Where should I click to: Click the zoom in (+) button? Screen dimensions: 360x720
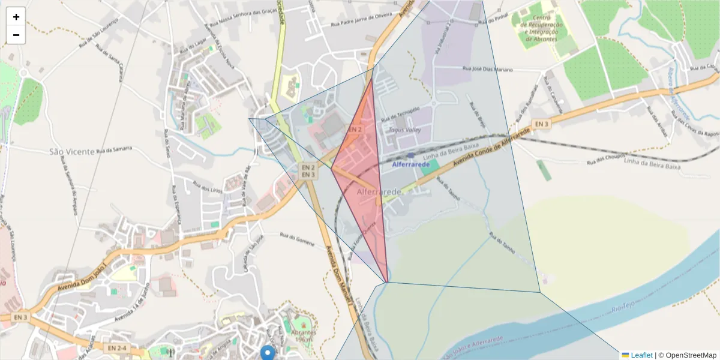[x=16, y=17]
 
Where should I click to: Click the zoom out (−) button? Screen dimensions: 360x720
[x=16, y=35]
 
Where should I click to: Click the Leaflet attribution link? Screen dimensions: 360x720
[x=641, y=355]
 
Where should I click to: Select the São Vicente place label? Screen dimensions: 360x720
[x=71, y=152]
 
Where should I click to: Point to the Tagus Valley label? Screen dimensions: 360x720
[x=405, y=130]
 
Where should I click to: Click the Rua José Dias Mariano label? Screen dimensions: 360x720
[x=487, y=69]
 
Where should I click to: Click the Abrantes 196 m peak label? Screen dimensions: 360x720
[x=304, y=336]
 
